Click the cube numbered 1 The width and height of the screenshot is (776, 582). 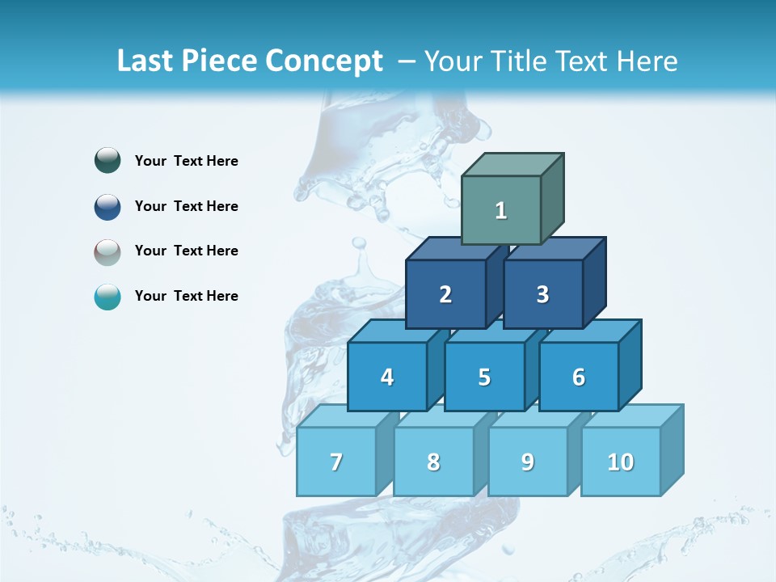tap(501, 210)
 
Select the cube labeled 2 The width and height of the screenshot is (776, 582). tap(445, 294)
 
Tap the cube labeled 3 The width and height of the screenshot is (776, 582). tap(542, 294)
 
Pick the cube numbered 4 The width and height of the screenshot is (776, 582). tap(387, 377)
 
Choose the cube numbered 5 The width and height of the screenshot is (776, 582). tap(484, 377)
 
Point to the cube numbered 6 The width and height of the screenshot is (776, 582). tap(579, 377)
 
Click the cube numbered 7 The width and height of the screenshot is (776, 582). tap(336, 462)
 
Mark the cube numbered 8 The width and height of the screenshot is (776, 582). tap(433, 462)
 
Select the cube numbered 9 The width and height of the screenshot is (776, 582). tap(528, 462)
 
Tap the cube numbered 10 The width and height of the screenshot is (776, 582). tap(621, 462)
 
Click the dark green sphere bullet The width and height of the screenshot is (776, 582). tap(108, 161)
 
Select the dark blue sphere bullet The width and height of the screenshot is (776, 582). tap(108, 206)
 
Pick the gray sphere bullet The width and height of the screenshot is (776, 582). tap(108, 251)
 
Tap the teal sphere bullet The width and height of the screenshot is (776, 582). tap(108, 297)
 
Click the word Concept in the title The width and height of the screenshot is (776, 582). tap(324, 61)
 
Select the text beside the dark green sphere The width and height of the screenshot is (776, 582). tap(187, 161)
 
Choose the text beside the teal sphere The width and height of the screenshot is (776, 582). tap(187, 296)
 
